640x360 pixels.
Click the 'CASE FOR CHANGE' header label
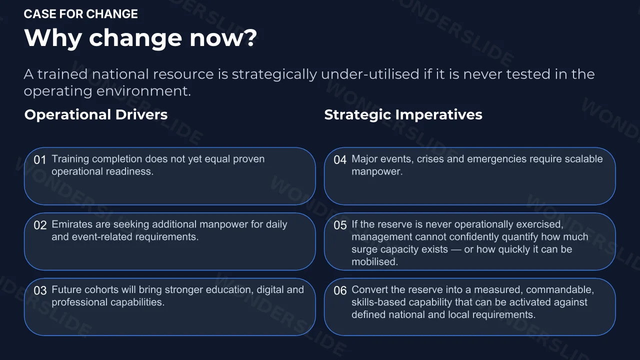[81, 14]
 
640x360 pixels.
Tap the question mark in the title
[250, 37]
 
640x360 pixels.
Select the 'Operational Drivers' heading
[96, 115]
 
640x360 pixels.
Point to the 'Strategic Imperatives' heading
[403, 115]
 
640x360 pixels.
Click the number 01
[39, 160]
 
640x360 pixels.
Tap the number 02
[40, 225]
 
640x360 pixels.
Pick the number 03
[40, 291]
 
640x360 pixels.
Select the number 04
[340, 160]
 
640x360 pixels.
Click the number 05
[340, 225]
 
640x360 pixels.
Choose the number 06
[340, 291]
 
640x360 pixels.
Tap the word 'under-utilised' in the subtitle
[370, 74]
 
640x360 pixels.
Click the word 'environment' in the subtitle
[143, 91]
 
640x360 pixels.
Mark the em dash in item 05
[456, 249]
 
